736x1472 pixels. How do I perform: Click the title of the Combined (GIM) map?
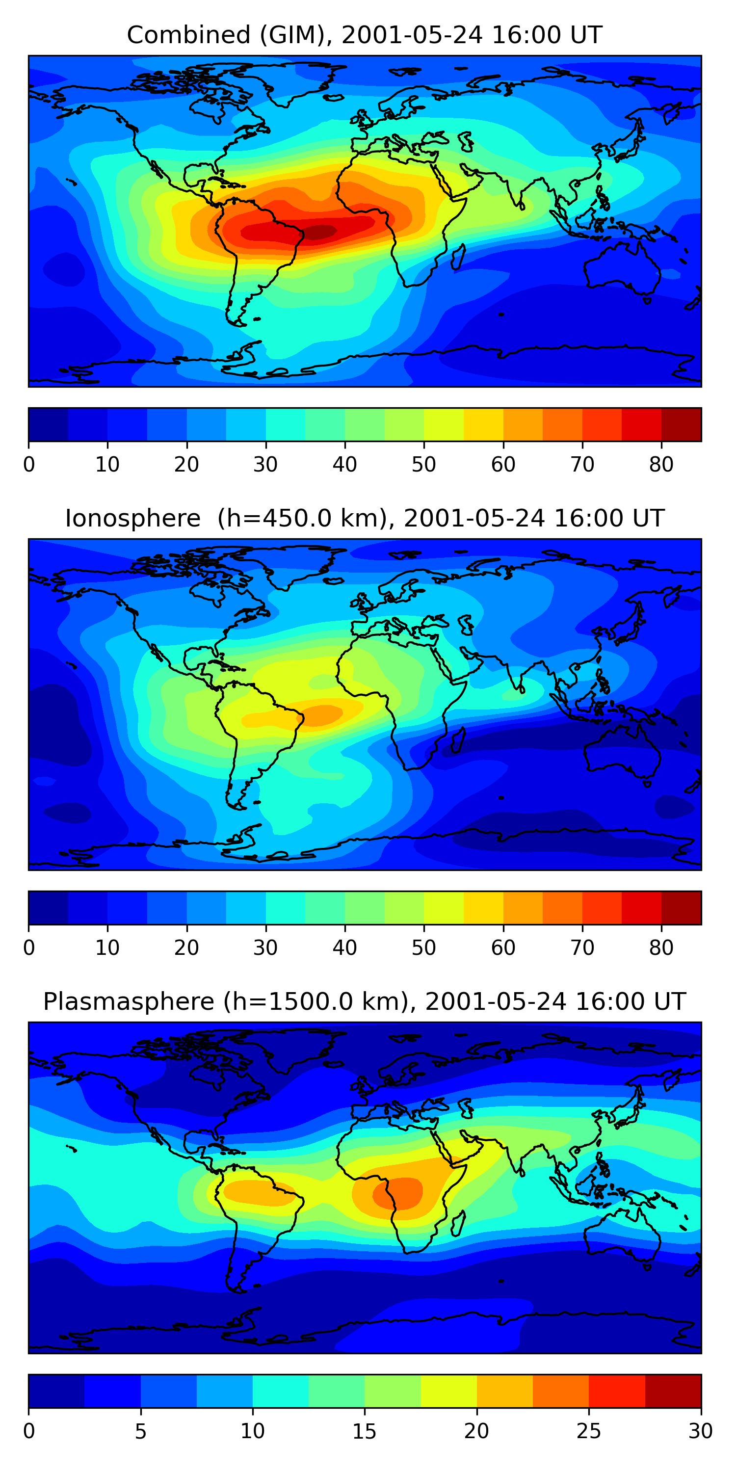(x=364, y=35)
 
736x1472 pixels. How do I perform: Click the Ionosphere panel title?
(x=364, y=519)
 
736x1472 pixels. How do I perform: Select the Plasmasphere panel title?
(x=364, y=1002)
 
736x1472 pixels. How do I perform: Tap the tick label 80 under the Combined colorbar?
(x=661, y=465)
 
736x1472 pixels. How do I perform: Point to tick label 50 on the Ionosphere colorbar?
(x=423, y=947)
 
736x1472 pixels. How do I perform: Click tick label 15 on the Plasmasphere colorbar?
(x=364, y=1431)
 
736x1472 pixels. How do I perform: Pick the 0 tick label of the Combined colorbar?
(x=29, y=465)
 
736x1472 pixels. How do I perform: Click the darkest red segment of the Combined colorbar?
(x=681, y=424)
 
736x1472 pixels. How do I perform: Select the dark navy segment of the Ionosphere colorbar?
(x=49, y=907)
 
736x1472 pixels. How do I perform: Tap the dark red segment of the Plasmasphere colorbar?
(x=673, y=1391)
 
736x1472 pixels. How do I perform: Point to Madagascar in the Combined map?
(x=458, y=257)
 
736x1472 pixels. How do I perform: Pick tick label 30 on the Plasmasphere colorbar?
(x=700, y=1431)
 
